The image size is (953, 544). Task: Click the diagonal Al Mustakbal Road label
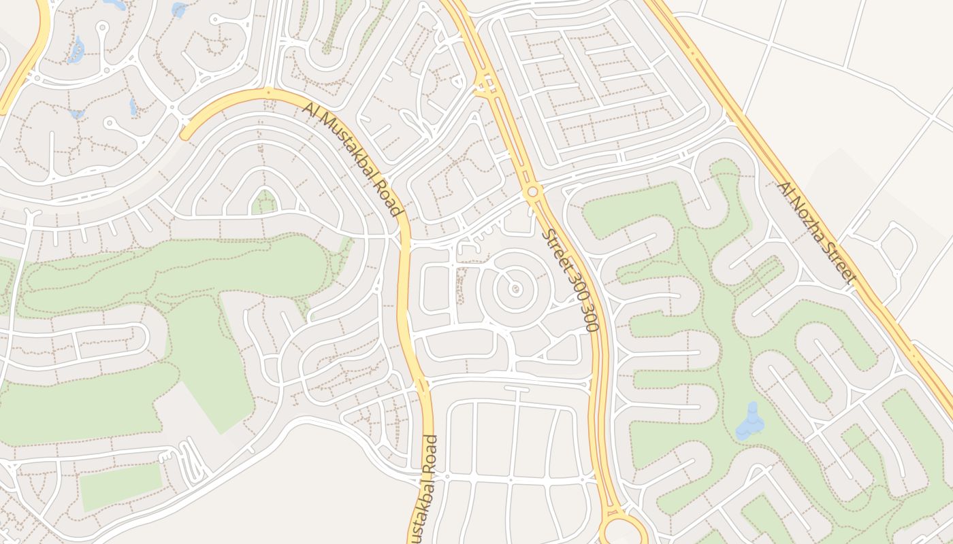pyautogui.click(x=351, y=159)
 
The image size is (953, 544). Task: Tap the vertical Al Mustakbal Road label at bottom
pyautogui.click(x=425, y=490)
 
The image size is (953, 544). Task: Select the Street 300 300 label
pyautogui.click(x=570, y=280)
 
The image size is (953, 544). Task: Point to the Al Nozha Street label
pyautogui.click(x=815, y=232)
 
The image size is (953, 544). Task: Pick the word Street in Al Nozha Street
pyautogui.click(x=837, y=261)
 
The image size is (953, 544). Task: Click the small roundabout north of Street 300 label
pyautogui.click(x=532, y=192)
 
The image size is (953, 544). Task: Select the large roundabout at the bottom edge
pyautogui.click(x=623, y=530)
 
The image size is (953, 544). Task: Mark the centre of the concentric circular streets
pyautogui.click(x=514, y=289)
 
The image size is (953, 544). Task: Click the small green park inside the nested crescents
pyautogui.click(x=263, y=203)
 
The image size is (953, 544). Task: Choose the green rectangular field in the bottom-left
pyautogui.click(x=121, y=487)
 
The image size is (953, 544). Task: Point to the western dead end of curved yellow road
pyautogui.click(x=185, y=135)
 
